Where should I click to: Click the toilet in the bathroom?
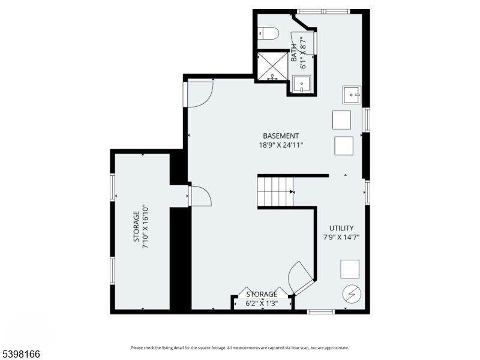click(x=268, y=34)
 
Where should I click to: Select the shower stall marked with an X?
click(x=272, y=65)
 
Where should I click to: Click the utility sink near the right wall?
click(x=352, y=95)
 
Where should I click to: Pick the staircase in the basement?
click(x=275, y=191)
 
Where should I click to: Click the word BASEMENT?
click(x=280, y=136)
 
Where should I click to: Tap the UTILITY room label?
click(x=341, y=228)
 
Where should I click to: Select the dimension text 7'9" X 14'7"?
click(x=341, y=238)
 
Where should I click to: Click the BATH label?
click(x=294, y=52)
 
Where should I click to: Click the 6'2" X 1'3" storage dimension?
click(x=262, y=304)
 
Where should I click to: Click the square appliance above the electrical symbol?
click(x=350, y=269)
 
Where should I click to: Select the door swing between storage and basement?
click(x=199, y=196)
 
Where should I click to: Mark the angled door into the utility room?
click(x=301, y=277)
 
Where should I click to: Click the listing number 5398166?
click(x=20, y=355)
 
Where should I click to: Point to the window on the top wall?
click(x=323, y=11)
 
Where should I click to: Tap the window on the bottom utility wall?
click(x=320, y=311)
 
